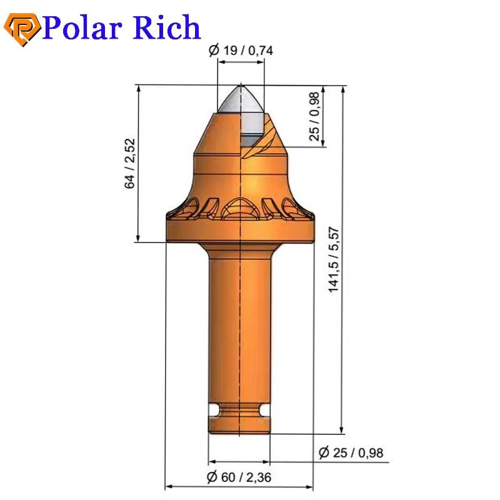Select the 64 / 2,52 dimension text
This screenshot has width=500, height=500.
[x=129, y=164]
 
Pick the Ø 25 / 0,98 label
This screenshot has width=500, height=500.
[x=351, y=453]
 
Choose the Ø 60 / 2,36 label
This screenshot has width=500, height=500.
[x=239, y=477]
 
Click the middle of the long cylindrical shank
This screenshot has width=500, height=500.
[x=239, y=325]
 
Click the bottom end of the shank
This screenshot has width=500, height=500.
[x=239, y=430]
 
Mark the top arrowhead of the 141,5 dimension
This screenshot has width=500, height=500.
[x=342, y=90]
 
